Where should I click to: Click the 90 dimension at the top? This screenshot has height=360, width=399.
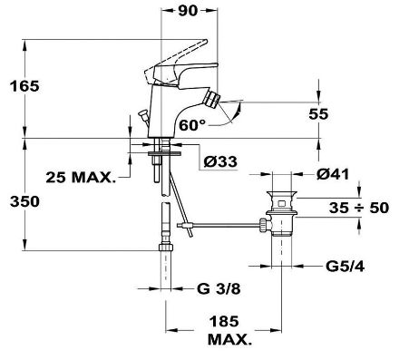[x=188, y=10]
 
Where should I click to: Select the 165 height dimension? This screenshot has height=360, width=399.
[x=24, y=86]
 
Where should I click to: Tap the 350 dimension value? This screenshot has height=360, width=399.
[x=24, y=201]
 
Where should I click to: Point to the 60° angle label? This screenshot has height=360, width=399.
[x=192, y=125]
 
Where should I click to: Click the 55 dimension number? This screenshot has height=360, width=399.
[x=318, y=114]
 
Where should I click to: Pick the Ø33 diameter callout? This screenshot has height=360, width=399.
[x=220, y=161]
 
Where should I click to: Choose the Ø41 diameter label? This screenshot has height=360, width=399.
[x=333, y=174]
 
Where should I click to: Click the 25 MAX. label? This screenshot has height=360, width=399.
[x=81, y=178]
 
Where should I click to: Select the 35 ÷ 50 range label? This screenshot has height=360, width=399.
[x=359, y=208]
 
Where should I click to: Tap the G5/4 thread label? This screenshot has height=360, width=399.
[x=345, y=267]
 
